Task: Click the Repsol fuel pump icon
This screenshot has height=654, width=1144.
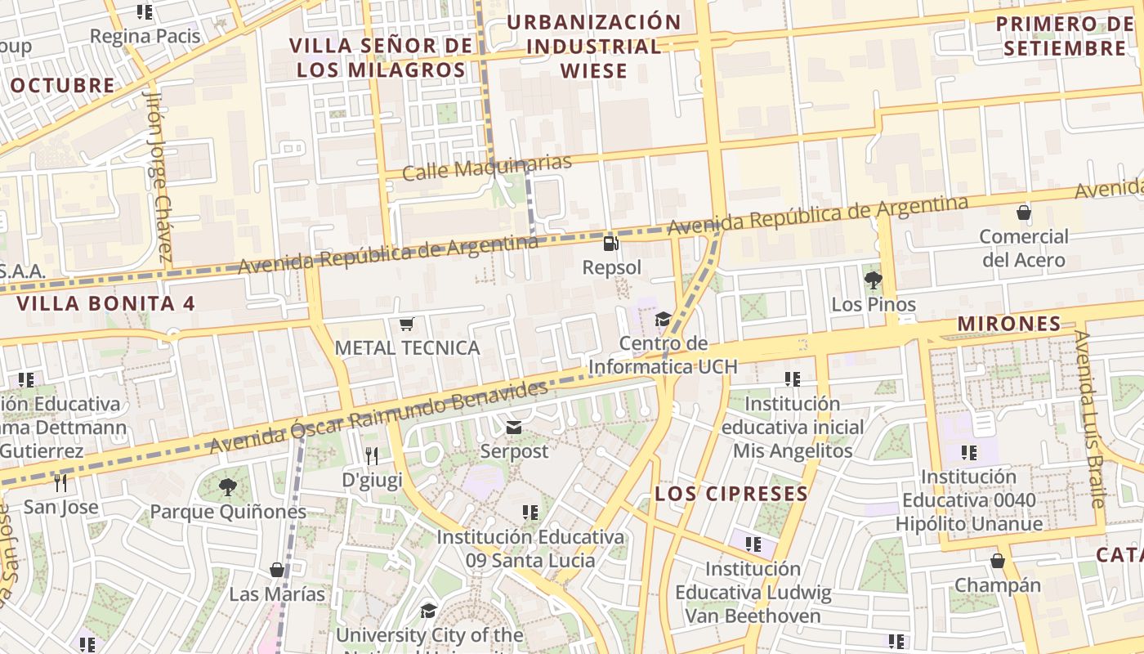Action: click(610, 243)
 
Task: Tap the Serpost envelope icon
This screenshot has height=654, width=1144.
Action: click(514, 427)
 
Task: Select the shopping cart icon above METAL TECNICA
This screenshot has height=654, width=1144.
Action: click(407, 324)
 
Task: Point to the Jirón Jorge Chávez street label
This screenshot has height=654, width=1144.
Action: click(160, 175)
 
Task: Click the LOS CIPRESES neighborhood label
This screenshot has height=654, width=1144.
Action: click(731, 494)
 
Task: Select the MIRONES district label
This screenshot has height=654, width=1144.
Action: click(1008, 324)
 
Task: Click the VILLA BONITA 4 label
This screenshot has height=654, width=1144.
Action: click(106, 303)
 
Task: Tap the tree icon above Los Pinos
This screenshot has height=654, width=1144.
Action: click(873, 280)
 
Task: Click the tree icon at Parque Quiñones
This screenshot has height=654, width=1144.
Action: click(228, 488)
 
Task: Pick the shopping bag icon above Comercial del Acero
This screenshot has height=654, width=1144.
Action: click(1024, 213)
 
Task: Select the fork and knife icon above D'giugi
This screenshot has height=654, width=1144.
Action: click(372, 455)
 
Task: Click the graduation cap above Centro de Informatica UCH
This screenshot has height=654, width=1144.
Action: click(663, 319)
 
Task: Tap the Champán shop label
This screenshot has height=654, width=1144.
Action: click(998, 585)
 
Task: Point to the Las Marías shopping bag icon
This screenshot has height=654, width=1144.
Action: click(277, 569)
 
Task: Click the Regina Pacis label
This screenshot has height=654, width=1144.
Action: click(145, 36)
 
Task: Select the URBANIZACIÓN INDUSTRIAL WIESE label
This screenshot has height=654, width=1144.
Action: click(594, 46)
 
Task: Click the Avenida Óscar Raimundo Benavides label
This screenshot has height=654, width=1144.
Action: click(378, 417)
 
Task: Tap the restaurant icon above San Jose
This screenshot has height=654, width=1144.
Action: click(60, 482)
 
